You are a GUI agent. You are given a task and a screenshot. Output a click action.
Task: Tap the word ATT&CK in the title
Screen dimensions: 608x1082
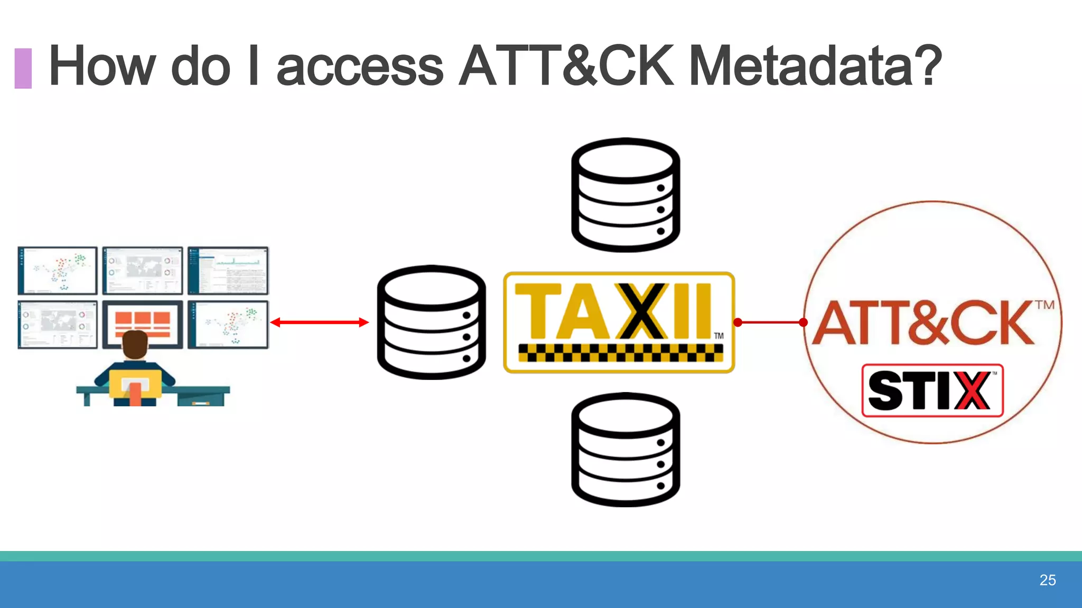pos(566,65)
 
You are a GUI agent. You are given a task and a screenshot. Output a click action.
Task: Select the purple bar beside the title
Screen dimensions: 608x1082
pos(23,68)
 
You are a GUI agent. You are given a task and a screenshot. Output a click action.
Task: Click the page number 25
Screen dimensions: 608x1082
pos(1047,580)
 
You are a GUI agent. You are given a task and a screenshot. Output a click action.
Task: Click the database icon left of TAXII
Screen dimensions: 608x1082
pos(431,322)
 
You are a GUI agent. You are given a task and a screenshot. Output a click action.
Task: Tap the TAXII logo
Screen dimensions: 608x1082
pos(619,311)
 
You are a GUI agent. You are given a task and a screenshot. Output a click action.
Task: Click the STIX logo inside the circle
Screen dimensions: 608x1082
pos(932,391)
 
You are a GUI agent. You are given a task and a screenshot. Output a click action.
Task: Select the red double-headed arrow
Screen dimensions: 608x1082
pos(319,322)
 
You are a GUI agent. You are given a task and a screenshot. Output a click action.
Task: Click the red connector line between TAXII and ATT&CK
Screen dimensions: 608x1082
pos(770,322)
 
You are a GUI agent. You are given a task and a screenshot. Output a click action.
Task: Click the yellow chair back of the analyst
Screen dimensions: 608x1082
pos(135,382)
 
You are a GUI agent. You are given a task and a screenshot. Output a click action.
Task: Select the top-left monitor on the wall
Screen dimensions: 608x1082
pos(57,270)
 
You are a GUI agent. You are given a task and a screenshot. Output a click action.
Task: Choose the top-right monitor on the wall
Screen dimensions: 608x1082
pos(228,270)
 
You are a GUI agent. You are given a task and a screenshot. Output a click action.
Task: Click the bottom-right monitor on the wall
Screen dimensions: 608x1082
pos(228,324)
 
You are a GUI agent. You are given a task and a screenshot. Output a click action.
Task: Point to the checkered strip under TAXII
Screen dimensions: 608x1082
pos(620,352)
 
